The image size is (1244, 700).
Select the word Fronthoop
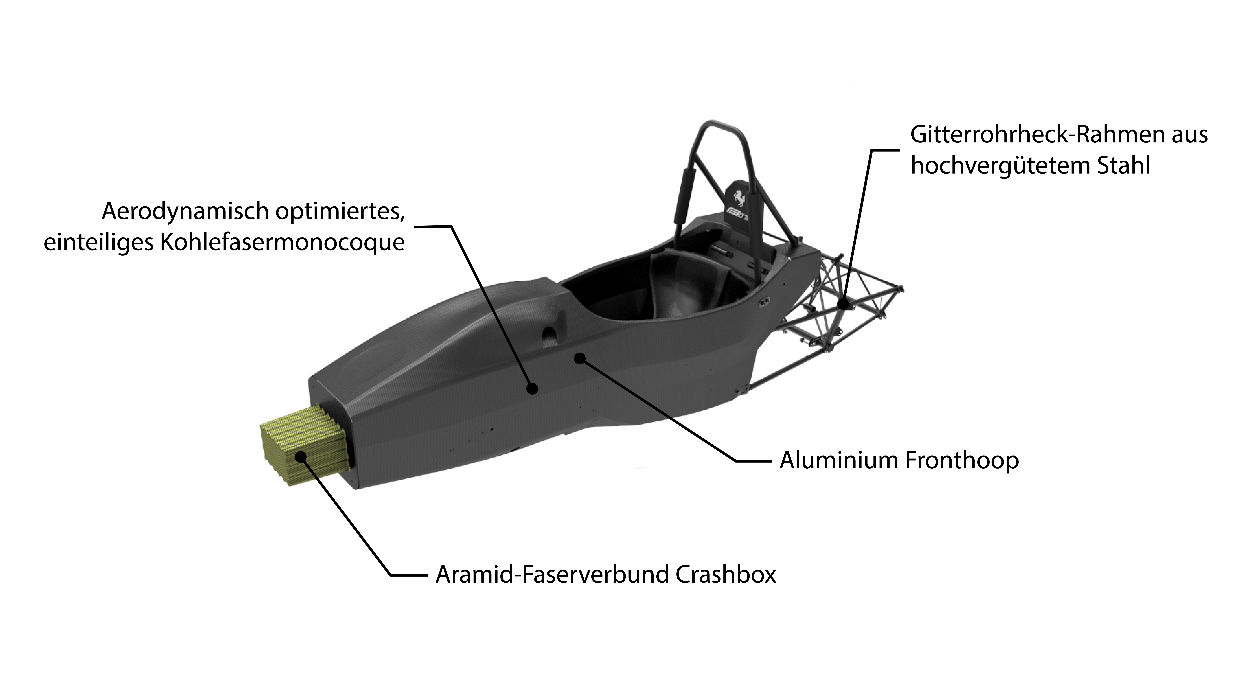coord(962,460)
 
